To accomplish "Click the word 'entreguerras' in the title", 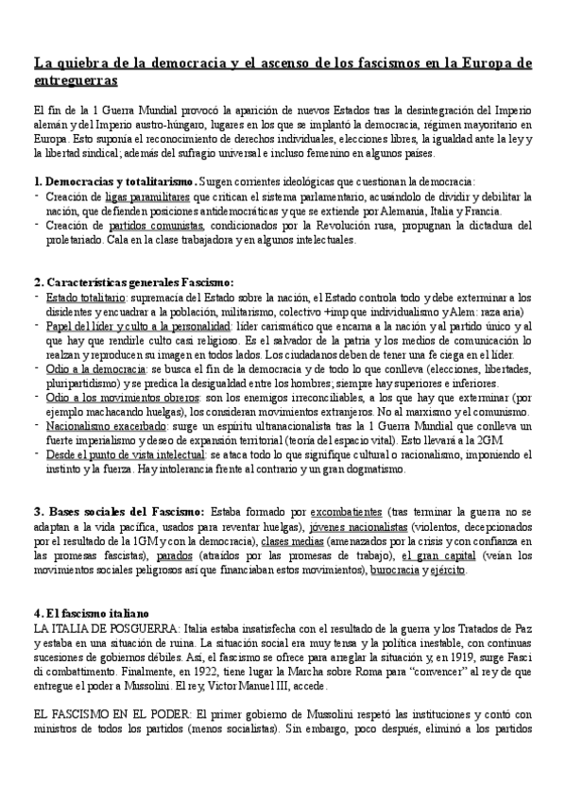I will pos(76,82).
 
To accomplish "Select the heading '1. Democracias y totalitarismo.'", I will pos(114,180).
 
